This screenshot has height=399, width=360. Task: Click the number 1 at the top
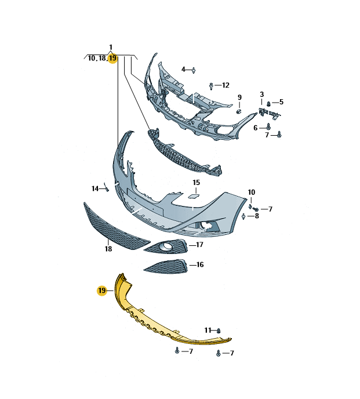click(x=111, y=48)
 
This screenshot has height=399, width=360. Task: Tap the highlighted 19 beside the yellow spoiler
click(x=102, y=291)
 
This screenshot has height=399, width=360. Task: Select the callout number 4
click(x=183, y=69)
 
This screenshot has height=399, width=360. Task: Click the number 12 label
click(x=226, y=85)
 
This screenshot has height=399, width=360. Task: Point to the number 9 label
click(x=239, y=97)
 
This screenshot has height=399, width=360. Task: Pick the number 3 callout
click(x=262, y=95)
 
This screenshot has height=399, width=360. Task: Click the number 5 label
click(x=281, y=102)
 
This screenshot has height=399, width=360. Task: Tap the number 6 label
click(x=256, y=128)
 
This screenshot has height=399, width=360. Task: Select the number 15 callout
click(x=196, y=183)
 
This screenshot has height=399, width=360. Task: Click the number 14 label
click(x=95, y=188)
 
